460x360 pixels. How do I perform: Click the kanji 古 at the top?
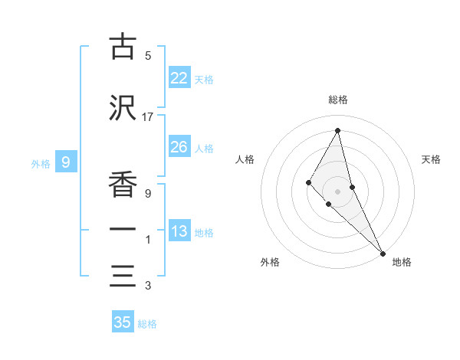click(x=123, y=47)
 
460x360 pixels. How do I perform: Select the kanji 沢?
click(x=123, y=107)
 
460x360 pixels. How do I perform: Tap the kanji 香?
click(x=123, y=184)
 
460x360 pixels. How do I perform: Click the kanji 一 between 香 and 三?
click(x=123, y=230)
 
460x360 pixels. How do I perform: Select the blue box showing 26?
click(x=179, y=147)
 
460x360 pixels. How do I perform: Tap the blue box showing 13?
click(x=179, y=231)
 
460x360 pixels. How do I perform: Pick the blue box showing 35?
click(x=123, y=322)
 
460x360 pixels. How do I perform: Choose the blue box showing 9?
click(x=66, y=162)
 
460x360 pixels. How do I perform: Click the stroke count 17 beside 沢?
click(x=148, y=116)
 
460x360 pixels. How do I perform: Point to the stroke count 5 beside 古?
click(x=148, y=56)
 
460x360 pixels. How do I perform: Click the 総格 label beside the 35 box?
click(x=147, y=324)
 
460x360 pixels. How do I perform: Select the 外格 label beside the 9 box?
click(x=41, y=163)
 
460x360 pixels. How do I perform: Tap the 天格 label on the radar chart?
click(x=432, y=159)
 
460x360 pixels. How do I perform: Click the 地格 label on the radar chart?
click(x=402, y=262)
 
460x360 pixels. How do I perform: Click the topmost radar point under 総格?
click(x=337, y=130)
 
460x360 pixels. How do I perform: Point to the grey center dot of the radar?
click(x=337, y=191)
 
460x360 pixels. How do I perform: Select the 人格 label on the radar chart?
click(x=245, y=159)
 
